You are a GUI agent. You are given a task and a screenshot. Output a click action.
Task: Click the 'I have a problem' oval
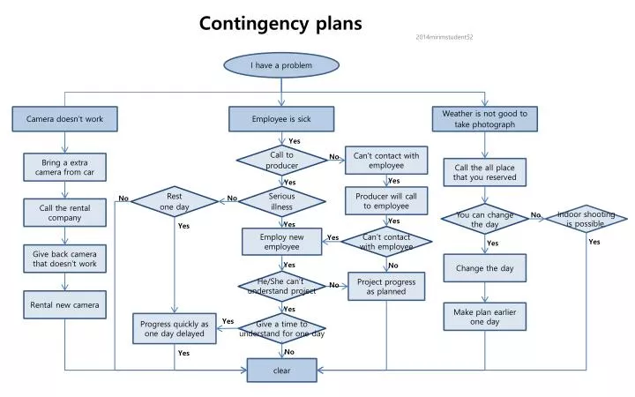click(281, 65)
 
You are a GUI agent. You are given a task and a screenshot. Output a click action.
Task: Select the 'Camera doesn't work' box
click(64, 118)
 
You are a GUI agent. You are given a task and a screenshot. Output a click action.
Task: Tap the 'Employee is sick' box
click(281, 118)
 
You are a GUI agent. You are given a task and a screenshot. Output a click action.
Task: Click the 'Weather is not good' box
click(484, 119)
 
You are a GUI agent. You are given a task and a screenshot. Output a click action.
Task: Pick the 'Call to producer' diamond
click(281, 160)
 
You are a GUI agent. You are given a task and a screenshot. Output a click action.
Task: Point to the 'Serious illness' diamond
click(281, 202)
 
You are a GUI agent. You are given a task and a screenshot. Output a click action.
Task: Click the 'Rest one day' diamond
click(175, 201)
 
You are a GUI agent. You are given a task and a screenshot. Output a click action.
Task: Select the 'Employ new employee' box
click(281, 242)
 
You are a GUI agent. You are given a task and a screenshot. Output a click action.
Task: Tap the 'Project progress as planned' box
click(386, 286)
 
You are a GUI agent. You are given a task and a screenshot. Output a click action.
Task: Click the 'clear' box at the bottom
click(281, 371)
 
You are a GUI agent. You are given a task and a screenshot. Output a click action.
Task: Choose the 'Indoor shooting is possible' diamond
click(586, 219)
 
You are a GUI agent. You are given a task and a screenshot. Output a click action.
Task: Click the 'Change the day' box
click(484, 267)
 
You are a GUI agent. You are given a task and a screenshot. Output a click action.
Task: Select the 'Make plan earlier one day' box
click(484, 317)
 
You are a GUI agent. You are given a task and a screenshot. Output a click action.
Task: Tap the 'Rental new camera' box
click(64, 305)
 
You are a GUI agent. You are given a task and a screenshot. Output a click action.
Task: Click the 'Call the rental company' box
click(64, 213)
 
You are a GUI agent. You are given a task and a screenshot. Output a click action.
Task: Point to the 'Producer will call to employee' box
click(386, 200)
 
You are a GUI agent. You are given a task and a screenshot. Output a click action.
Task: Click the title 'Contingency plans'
click(280, 24)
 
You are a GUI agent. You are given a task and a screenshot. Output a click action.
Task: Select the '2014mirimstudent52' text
click(444, 38)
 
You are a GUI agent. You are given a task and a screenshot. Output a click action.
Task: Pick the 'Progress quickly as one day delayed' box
click(175, 328)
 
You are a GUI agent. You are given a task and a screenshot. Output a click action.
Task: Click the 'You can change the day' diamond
click(484, 219)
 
